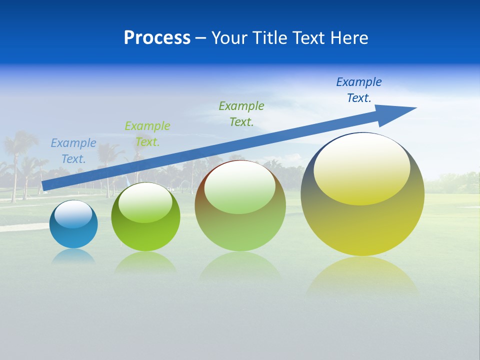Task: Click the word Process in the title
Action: (x=157, y=38)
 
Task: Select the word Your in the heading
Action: (x=227, y=38)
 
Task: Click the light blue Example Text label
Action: (x=73, y=151)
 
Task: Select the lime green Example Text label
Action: (x=147, y=134)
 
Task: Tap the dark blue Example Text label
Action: (x=359, y=90)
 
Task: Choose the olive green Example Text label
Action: (x=241, y=113)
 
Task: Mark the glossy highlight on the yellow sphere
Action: (x=361, y=170)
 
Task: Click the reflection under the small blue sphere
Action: (x=73, y=256)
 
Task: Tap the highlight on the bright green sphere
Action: (x=145, y=202)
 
